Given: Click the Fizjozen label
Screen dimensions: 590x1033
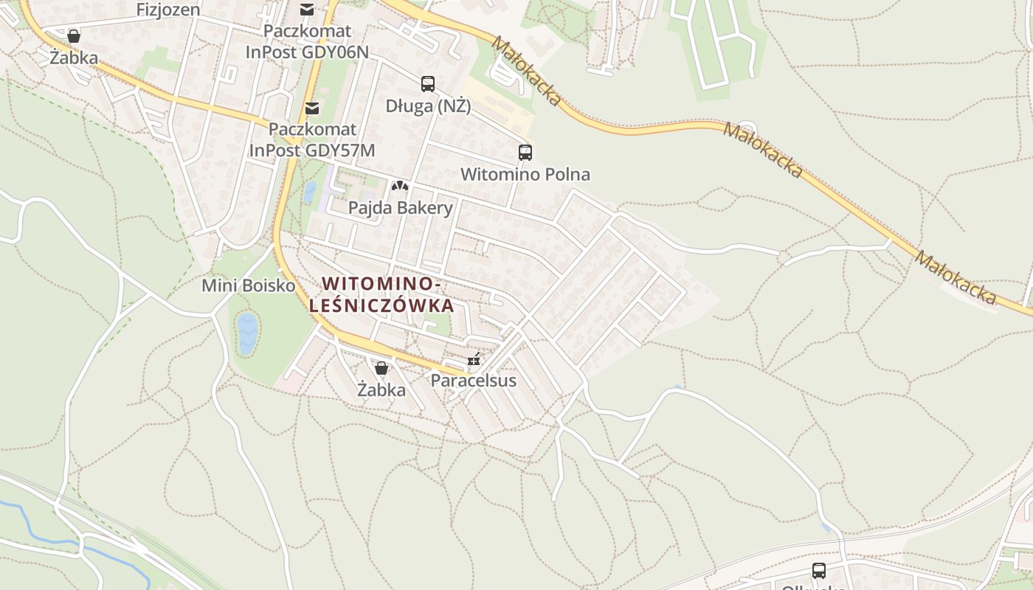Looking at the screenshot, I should (168, 10).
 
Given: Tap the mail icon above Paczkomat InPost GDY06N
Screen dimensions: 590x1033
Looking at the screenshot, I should (306, 10).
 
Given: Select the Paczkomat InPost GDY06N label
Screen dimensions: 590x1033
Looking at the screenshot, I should (307, 42).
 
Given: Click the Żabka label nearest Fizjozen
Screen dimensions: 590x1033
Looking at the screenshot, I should (74, 57).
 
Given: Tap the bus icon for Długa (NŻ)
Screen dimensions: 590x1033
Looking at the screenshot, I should (428, 84).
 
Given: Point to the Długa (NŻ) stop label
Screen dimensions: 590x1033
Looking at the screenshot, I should (428, 106).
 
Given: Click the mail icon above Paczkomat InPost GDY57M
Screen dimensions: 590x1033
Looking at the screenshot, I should (312, 108).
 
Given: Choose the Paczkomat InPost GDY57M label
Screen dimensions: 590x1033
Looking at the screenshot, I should (312, 139).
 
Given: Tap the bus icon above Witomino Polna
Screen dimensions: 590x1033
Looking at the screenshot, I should (525, 153).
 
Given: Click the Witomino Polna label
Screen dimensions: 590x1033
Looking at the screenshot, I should (525, 175).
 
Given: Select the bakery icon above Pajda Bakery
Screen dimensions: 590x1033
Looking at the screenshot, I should (399, 187).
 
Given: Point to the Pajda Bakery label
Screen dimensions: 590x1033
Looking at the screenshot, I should (400, 208).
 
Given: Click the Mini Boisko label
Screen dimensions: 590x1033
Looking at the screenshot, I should (249, 285).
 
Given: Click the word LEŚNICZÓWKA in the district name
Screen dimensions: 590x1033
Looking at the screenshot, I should (381, 305).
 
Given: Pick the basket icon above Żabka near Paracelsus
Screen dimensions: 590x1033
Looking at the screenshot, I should (381, 367).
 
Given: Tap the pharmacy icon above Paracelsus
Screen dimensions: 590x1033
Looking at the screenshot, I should (474, 361).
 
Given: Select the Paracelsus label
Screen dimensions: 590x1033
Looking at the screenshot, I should (473, 381).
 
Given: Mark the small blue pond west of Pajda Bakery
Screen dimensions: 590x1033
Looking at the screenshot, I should (310, 192).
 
